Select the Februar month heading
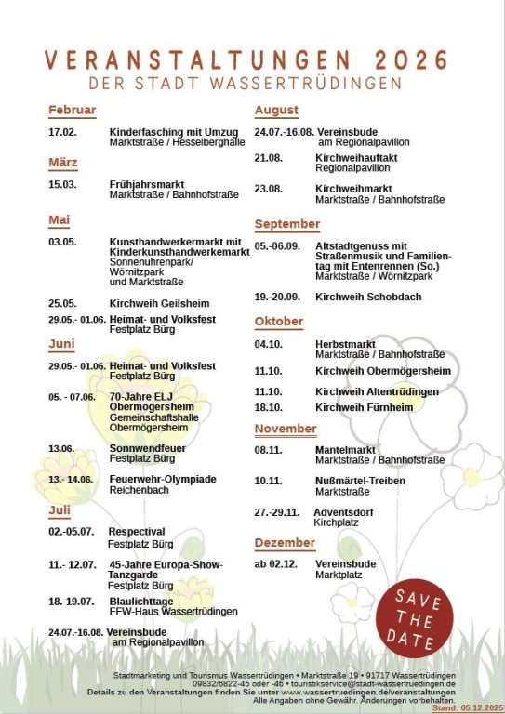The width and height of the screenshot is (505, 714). tap(73, 110)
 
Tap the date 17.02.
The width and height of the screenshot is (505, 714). tap(62, 132)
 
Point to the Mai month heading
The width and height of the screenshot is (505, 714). tap(60, 220)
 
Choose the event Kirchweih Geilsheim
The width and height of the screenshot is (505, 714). tap(159, 303)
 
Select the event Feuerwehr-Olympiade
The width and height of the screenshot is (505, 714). tap(163, 479)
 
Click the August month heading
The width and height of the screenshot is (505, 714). tap(276, 110)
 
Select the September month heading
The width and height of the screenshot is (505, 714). tap(287, 224)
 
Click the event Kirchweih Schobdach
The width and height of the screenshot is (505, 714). tap(368, 297)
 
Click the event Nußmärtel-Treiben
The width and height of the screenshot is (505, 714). tap(360, 481)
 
